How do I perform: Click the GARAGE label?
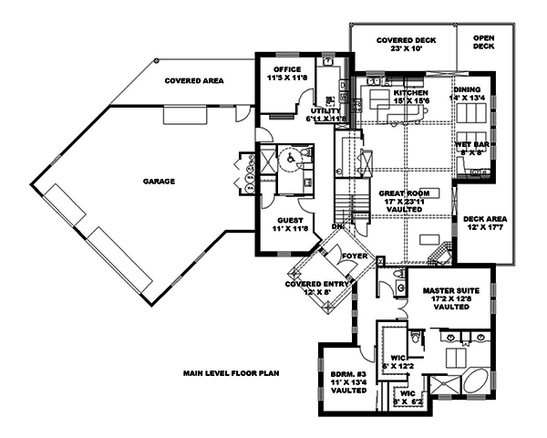click(158, 181)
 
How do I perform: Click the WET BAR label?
click(470, 144)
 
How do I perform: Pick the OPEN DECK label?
click(483, 42)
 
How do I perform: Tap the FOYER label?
click(354, 256)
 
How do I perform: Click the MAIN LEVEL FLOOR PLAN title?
click(229, 373)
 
